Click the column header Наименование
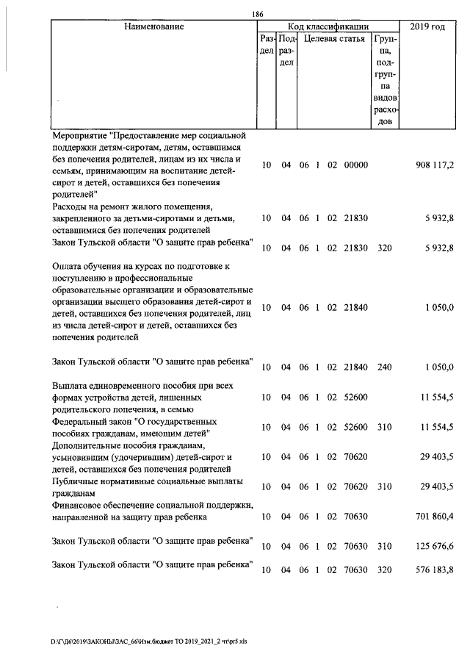coord(153,26)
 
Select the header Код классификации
coord(328,26)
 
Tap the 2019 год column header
coord(428,26)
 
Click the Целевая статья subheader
coord(334,39)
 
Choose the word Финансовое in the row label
coord(79,506)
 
